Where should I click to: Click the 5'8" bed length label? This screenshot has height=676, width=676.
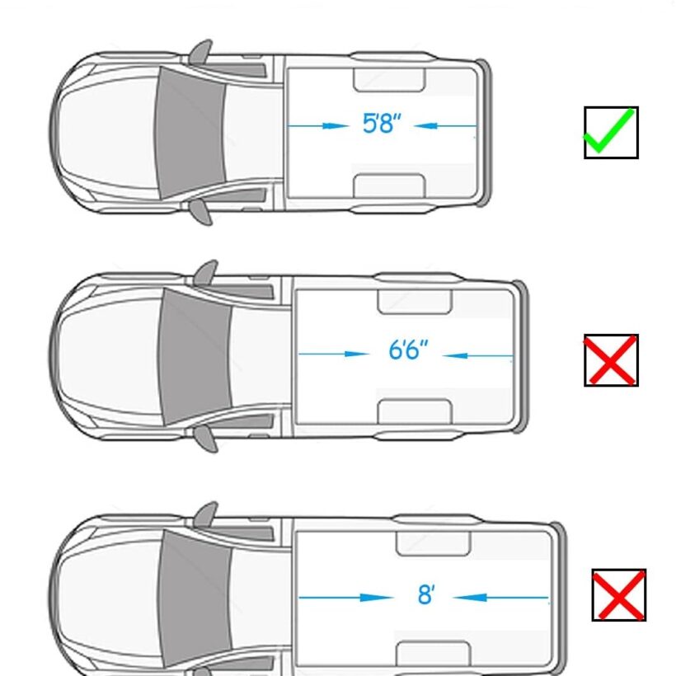point(382,124)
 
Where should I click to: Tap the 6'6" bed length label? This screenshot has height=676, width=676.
point(408,350)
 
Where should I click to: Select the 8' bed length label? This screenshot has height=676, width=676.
point(426,594)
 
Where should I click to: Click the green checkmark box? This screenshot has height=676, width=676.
point(611,133)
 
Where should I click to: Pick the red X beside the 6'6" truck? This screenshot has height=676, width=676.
point(611,360)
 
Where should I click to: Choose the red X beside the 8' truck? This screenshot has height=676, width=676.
point(619,595)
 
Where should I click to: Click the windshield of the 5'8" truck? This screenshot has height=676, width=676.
point(190,132)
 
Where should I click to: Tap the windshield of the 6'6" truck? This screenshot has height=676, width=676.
point(195,356)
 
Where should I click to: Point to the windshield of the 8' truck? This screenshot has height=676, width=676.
point(195,599)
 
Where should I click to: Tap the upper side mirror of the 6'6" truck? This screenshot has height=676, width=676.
point(206,273)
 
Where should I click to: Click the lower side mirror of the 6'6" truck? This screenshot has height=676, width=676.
point(206,439)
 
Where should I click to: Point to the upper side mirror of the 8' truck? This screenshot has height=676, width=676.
point(206,514)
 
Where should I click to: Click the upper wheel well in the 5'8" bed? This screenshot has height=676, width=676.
point(389,80)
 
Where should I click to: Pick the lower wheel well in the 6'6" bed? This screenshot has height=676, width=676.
point(415,411)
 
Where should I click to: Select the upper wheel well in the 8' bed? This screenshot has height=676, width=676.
point(434,543)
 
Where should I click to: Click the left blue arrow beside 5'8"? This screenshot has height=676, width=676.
point(317,126)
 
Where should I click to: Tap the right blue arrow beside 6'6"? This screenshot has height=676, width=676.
point(477,355)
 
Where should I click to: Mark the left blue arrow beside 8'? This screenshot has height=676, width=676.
point(345,598)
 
